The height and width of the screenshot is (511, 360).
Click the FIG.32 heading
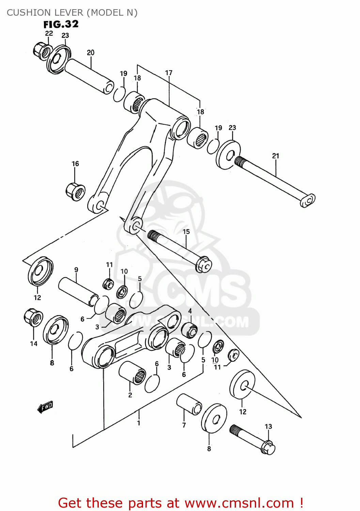coord(61,25)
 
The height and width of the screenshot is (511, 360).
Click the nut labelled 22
coord(41,50)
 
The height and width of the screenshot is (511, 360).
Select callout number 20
coord(91,52)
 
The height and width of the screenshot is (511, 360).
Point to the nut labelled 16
coord(75,192)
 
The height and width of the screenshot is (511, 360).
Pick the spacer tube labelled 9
coord(78,292)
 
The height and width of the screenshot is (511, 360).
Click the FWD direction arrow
coord(45,407)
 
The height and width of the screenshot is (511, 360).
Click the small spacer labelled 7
coord(189,404)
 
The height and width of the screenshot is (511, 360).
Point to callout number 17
coord(169,73)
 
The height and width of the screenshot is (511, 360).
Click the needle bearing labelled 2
coord(132,373)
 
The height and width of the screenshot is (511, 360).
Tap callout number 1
coord(139,423)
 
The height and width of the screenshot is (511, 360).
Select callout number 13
coord(268,426)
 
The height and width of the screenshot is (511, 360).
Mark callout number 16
coord(75,164)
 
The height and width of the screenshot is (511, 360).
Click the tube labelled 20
coord(89,76)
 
